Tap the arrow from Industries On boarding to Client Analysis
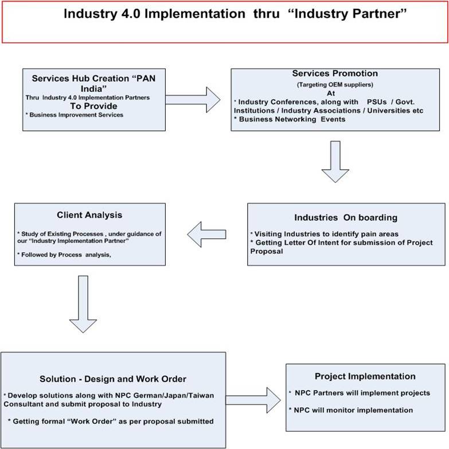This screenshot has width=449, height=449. (207, 233)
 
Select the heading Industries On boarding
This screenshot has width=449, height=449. (345, 218)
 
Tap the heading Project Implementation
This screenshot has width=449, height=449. (365, 377)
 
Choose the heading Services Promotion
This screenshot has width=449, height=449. (335, 74)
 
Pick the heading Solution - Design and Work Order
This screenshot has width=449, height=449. (113, 379)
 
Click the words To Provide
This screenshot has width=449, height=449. (93, 106)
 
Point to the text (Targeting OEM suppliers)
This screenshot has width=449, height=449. (335, 84)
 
